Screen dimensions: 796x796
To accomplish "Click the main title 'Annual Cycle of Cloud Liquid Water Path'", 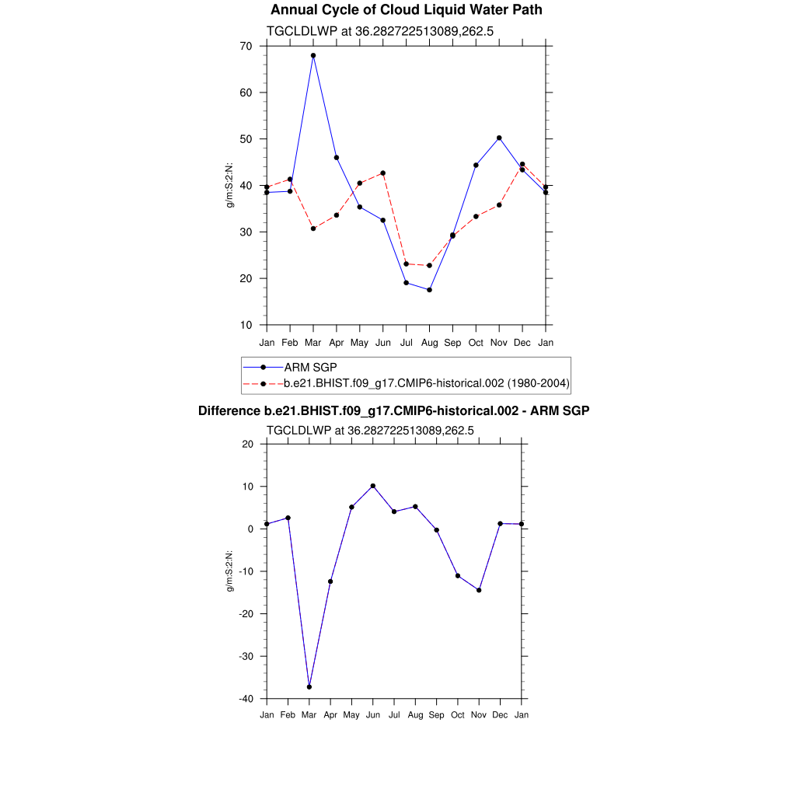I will coord(406,10).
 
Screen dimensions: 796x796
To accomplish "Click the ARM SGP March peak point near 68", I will coord(313,56).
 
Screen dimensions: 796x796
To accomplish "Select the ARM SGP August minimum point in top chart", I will coord(429,290).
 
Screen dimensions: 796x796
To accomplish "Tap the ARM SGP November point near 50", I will coord(499,138).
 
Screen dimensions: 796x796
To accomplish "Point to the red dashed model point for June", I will coord(383,173).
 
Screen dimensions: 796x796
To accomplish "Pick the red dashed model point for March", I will coord(313,229).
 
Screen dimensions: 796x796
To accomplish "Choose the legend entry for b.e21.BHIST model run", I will coord(427,383).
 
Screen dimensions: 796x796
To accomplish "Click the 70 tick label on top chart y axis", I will coord(246,46).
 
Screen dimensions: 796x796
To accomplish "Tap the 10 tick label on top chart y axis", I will coord(246,325).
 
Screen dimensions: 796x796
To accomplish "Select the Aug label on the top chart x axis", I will coord(429,343).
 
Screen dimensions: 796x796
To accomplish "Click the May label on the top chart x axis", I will coord(359,343).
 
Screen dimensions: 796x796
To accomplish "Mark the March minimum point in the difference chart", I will coord(309,687).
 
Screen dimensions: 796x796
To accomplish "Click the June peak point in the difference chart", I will coord(373,486).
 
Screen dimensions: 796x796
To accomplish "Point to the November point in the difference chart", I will coord(479,590).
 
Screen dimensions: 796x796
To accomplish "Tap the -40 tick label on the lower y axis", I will coord(245,699).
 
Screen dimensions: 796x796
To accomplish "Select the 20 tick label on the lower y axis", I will coord(248,444).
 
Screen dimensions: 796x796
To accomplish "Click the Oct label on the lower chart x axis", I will coord(458,715).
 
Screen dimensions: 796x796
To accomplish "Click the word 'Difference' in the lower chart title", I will coord(224,410).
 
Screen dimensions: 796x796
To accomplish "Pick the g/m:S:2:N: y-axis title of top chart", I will coord(230,185).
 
